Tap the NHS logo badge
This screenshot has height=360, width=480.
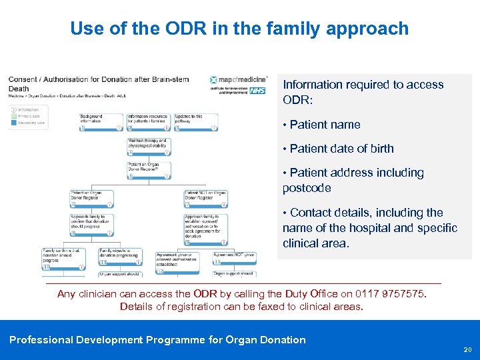(x=258, y=90)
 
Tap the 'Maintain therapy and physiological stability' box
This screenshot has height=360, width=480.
(x=149, y=146)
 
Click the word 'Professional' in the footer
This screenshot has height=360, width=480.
(x=41, y=340)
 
